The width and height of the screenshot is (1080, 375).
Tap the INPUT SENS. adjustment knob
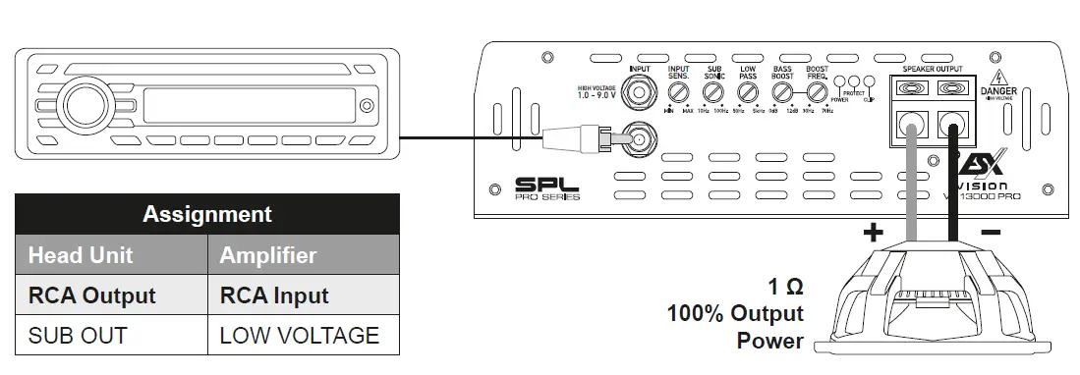click(678, 93)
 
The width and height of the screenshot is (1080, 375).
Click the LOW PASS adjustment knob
click(748, 93)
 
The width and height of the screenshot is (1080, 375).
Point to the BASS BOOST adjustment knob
click(782, 93)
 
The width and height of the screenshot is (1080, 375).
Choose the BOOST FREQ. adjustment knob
click(817, 93)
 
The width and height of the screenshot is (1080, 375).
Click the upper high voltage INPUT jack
click(641, 94)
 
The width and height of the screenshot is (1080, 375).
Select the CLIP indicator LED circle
click(868, 83)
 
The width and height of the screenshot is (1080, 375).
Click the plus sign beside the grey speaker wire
click(873, 233)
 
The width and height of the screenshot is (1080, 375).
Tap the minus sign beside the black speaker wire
click(991, 232)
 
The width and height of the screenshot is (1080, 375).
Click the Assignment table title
click(207, 214)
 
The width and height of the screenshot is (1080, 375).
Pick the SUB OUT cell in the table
click(78, 335)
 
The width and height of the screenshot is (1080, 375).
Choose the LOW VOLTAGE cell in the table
click(299, 335)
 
